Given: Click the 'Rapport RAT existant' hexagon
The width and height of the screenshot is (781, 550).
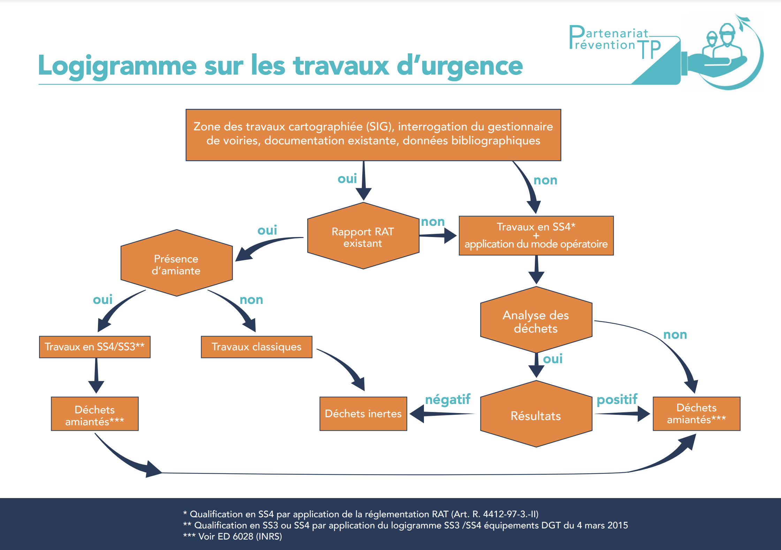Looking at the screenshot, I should (x=363, y=237).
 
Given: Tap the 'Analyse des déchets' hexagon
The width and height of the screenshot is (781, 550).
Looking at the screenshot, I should (x=536, y=321).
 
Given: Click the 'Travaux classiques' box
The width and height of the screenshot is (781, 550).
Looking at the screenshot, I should (x=256, y=347).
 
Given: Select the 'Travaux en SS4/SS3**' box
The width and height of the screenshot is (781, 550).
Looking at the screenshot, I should (x=94, y=347).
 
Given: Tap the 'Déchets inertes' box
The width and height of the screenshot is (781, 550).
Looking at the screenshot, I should (x=363, y=414).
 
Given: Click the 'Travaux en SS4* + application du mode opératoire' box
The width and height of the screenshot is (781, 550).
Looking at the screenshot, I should (x=536, y=236).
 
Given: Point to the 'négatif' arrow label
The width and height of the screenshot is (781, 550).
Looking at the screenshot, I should (x=448, y=399).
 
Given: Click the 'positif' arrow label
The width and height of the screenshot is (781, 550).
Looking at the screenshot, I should (x=617, y=399).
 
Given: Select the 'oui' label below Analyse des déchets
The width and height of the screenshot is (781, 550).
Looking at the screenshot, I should (x=553, y=359).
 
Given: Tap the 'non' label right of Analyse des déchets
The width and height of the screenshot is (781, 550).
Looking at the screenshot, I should (x=675, y=335).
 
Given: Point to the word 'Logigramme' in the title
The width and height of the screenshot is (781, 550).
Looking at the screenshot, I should (x=117, y=66).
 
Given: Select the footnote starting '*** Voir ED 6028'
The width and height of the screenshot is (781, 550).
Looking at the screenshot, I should (x=233, y=536).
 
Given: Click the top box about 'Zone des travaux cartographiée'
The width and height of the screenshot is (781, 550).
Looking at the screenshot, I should (x=373, y=135).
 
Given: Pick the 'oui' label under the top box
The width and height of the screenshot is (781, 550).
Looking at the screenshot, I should (x=347, y=179).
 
